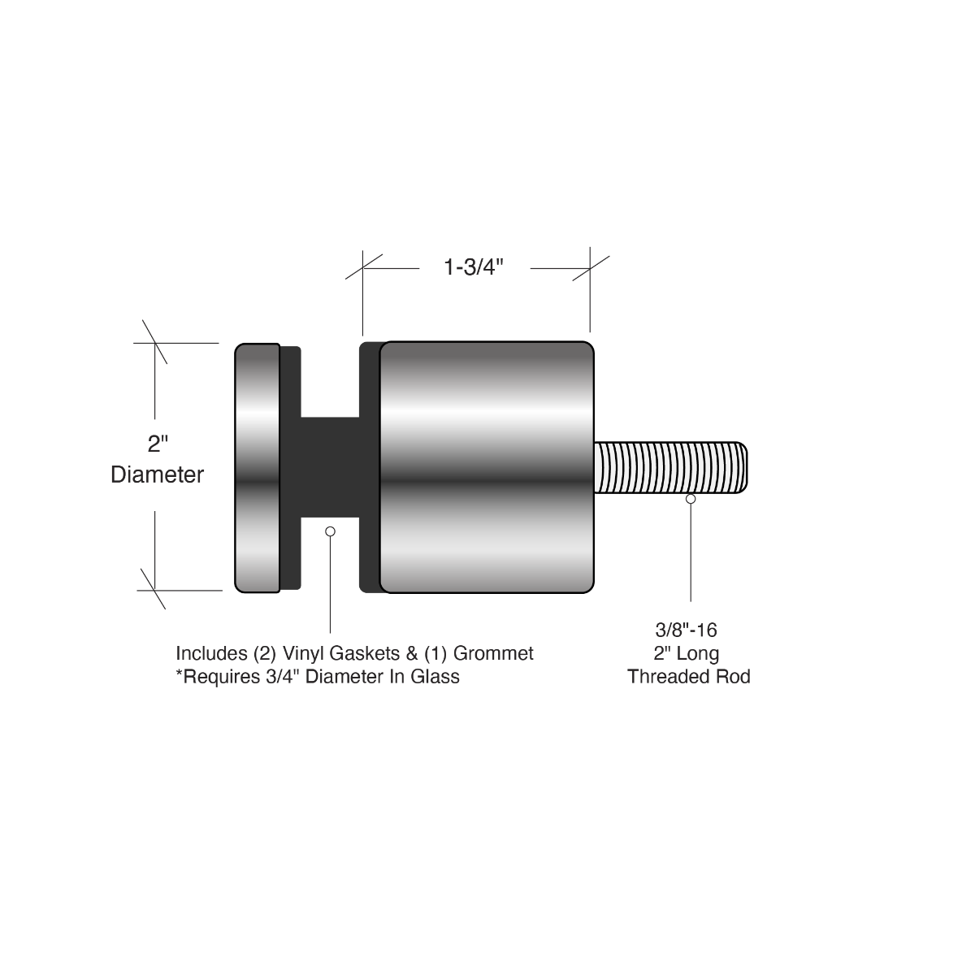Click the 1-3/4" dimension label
tap(474, 268)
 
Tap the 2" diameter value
tap(157, 444)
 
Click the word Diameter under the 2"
tap(157, 474)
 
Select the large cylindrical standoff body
tap(487, 467)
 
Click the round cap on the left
tap(257, 467)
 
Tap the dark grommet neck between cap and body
tap(330, 467)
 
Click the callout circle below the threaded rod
tap(691, 499)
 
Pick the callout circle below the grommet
tap(330, 531)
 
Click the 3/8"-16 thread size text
tap(687, 629)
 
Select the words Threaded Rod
tap(688, 677)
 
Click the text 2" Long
tap(687, 653)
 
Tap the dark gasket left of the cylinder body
tap(370, 467)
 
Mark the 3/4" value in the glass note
tap(278, 677)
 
